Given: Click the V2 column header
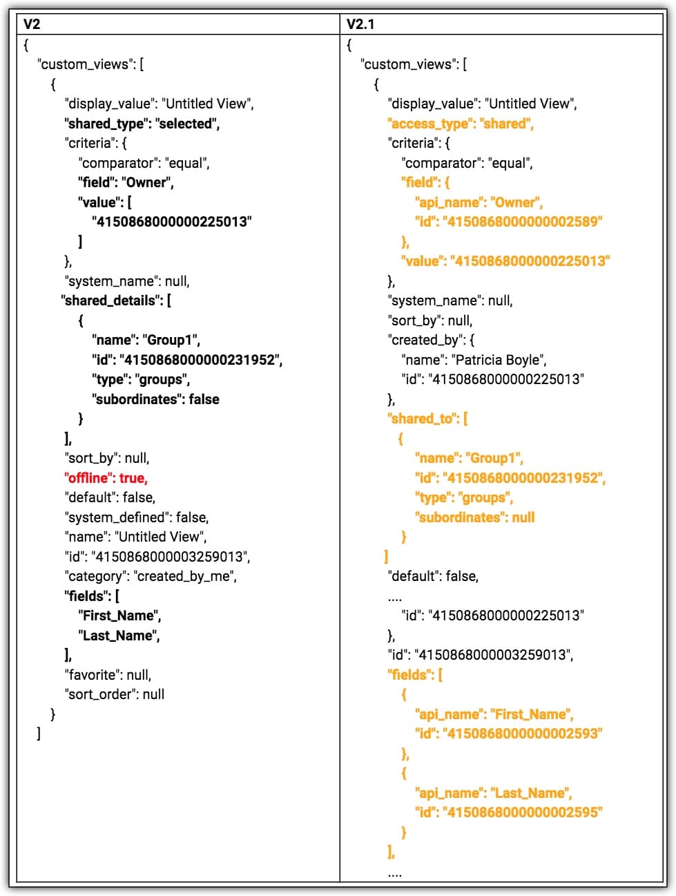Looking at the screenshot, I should click(32, 24).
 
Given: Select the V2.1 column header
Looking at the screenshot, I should click(360, 24).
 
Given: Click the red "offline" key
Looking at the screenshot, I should click(89, 478).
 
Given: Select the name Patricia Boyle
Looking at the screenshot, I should click(499, 360).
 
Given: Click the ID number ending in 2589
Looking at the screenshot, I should click(523, 222).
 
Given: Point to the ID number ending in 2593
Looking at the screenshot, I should click(523, 734).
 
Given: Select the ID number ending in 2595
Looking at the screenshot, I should click(523, 812).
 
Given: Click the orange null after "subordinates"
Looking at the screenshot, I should click(523, 517).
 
